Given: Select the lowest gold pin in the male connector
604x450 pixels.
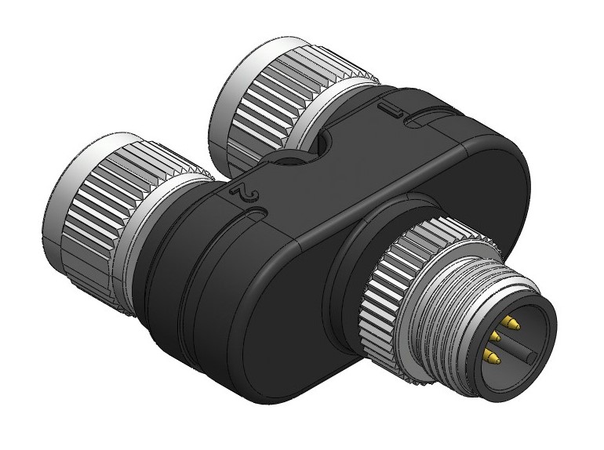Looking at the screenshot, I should (x=491, y=357).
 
